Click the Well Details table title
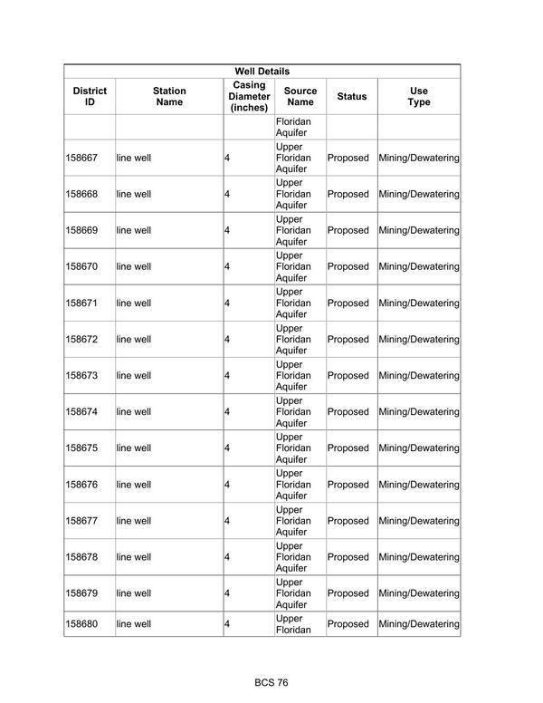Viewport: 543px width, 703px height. [x=262, y=71]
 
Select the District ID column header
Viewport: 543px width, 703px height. [x=90, y=96]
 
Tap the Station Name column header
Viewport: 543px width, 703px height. [x=169, y=96]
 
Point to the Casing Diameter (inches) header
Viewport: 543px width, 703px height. [x=249, y=96]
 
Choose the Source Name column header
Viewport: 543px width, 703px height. [x=300, y=96]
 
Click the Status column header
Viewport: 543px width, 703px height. [x=352, y=96]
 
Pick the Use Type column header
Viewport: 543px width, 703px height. [x=419, y=96]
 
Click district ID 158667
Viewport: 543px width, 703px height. [x=81, y=158]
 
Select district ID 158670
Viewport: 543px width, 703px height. [x=81, y=266]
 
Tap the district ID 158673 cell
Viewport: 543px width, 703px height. [x=81, y=375]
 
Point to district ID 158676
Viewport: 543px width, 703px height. [x=81, y=485]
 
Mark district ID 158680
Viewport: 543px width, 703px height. [x=81, y=624]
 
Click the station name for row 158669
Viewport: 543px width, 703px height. [x=134, y=230]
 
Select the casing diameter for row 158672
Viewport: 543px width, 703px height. [x=227, y=339]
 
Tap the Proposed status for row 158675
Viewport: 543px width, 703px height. [x=348, y=448]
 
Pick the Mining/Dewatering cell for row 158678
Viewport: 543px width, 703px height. [x=419, y=557]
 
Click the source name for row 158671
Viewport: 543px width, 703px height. [x=293, y=303]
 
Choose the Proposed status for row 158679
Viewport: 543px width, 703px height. [x=348, y=593]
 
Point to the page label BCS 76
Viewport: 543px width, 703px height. [x=271, y=682]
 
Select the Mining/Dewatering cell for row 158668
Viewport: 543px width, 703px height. [x=419, y=194]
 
